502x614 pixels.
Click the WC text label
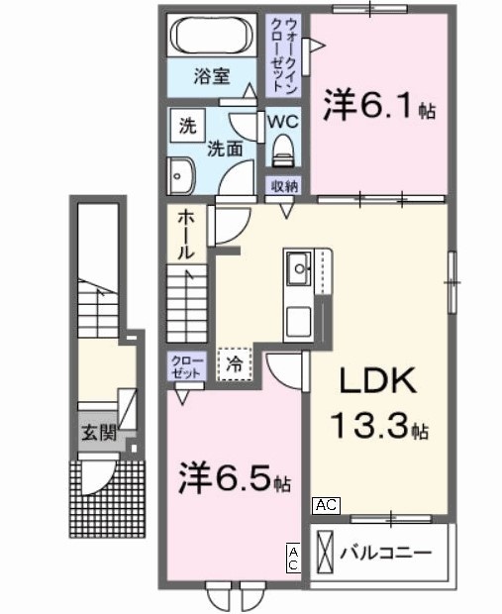(284, 122)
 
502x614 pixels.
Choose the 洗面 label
(226, 150)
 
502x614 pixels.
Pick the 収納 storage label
(285, 185)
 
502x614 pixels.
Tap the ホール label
(185, 235)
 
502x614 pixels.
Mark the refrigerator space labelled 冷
(235, 363)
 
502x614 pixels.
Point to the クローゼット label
(185, 366)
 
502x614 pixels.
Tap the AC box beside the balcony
(327, 505)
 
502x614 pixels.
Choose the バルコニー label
(387, 553)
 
